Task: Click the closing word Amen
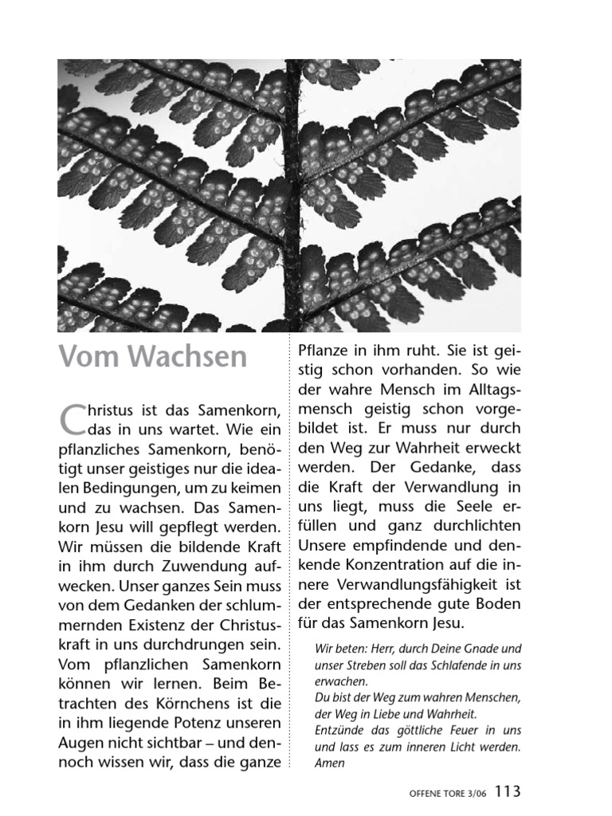[329, 763]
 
